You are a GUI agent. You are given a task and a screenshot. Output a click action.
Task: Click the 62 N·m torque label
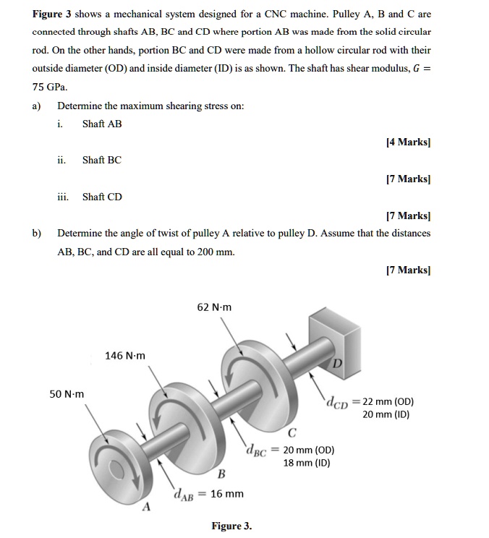(214, 307)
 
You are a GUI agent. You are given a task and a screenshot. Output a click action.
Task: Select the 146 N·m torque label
(125, 355)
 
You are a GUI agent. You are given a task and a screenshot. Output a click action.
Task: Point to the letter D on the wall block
(336, 362)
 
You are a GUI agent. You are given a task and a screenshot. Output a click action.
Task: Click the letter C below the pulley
(292, 434)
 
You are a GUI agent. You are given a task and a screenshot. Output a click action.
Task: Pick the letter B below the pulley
(221, 474)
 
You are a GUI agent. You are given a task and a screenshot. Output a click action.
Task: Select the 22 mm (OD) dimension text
(388, 402)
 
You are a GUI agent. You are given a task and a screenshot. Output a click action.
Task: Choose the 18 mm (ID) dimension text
(307, 463)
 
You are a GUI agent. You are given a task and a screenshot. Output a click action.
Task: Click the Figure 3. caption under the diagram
(231, 526)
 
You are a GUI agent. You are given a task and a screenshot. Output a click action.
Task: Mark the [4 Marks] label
(409, 142)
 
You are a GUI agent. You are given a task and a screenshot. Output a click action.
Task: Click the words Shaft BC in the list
(102, 160)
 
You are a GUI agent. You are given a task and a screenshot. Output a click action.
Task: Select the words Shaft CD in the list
(102, 197)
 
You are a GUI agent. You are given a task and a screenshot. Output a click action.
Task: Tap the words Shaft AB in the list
(102, 124)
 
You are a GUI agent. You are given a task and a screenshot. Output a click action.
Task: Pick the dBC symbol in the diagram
(256, 450)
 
